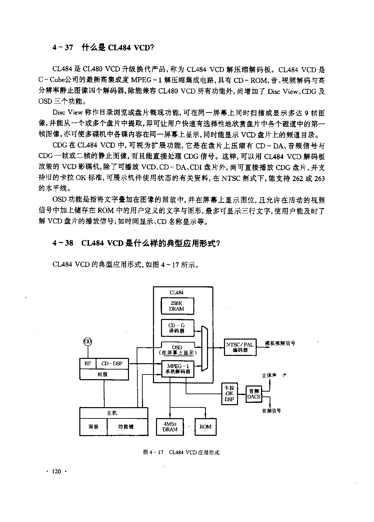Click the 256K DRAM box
pyautogui.click(x=177, y=306)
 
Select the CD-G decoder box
pyautogui.click(x=177, y=328)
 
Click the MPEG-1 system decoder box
pyautogui.click(x=178, y=369)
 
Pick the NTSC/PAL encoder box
pyautogui.click(x=240, y=347)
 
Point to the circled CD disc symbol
pyautogui.click(x=88, y=342)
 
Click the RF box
pyautogui.click(x=88, y=364)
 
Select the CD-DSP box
pyautogui.click(x=112, y=364)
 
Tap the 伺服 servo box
pyautogui.click(x=104, y=374)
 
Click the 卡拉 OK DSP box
pyautogui.click(x=229, y=393)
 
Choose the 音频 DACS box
pyautogui.click(x=254, y=394)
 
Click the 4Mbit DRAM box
pyautogui.click(x=170, y=427)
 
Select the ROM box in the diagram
pyautogui.click(x=205, y=427)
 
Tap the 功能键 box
pyautogui.click(x=127, y=427)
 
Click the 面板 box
pyautogui.click(x=93, y=427)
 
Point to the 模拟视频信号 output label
pyautogui.click(x=280, y=343)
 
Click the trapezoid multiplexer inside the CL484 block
pyautogui.click(x=204, y=348)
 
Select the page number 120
pyautogui.click(x=56, y=471)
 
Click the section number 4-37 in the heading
pyautogui.click(x=63, y=48)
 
